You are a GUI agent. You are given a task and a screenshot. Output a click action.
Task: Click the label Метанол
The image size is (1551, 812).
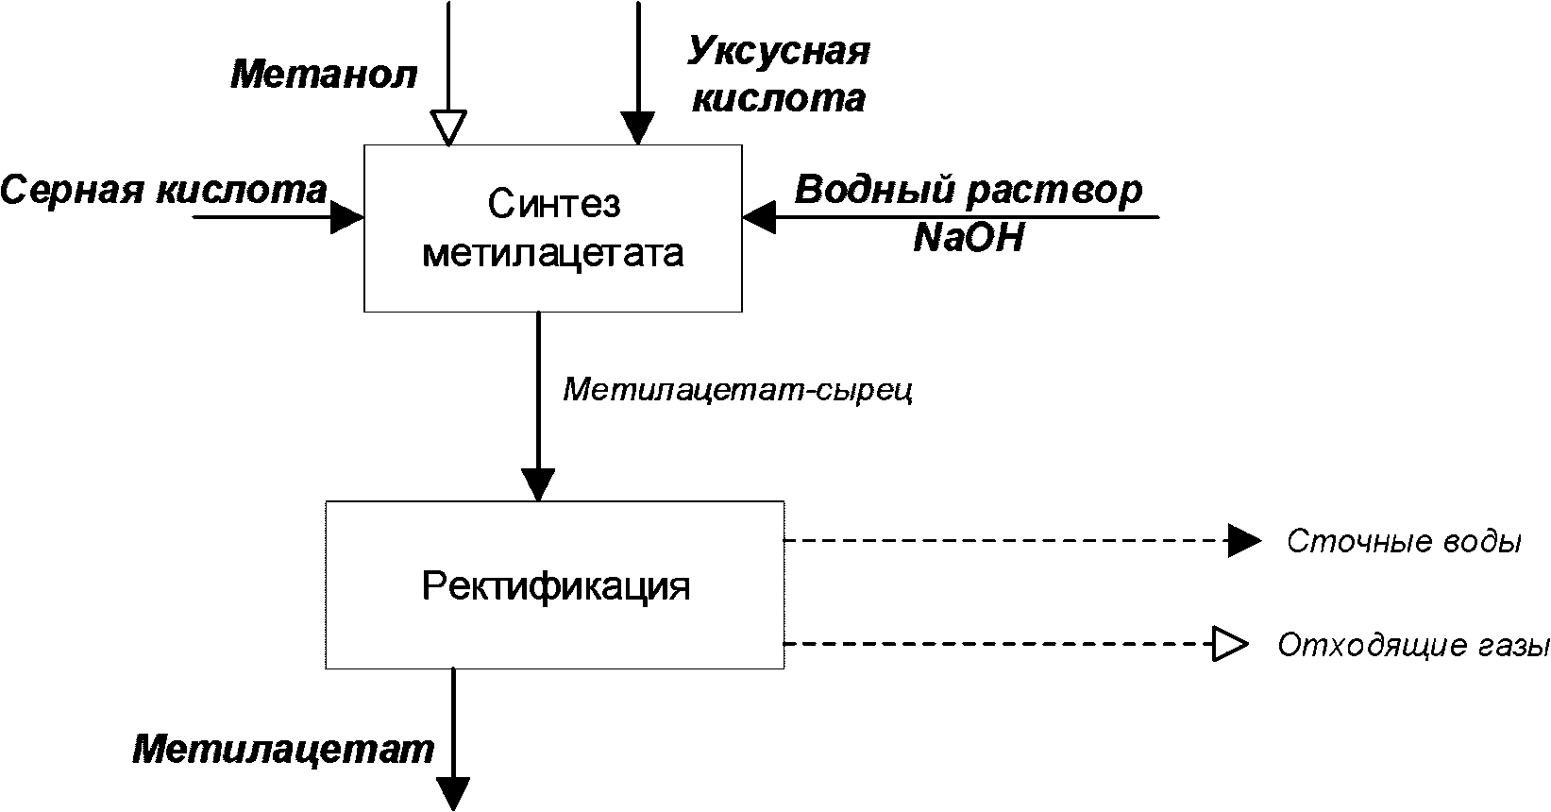pyautogui.click(x=324, y=75)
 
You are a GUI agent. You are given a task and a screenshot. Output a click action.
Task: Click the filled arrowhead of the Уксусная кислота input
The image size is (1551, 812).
pyautogui.click(x=638, y=128)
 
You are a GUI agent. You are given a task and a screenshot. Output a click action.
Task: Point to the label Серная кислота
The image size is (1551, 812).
pyautogui.click(x=163, y=189)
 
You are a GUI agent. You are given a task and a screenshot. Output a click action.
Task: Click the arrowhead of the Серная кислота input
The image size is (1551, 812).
pyautogui.click(x=347, y=217)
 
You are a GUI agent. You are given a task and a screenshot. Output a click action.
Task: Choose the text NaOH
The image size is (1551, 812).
pyautogui.click(x=968, y=238)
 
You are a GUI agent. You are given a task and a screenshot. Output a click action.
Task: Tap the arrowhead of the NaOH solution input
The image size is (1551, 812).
pyautogui.click(x=759, y=217)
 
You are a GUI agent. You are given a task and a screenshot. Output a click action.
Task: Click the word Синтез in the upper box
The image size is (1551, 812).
pyautogui.click(x=554, y=204)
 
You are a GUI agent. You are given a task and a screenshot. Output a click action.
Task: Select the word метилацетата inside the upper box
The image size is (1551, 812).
pyautogui.click(x=553, y=254)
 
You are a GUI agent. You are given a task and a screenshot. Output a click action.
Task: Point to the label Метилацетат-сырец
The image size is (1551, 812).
pyautogui.click(x=738, y=389)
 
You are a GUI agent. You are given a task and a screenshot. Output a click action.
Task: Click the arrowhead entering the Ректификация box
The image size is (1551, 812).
pyautogui.click(x=538, y=485)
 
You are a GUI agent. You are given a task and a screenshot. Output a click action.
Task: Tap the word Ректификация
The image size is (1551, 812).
pyautogui.click(x=556, y=587)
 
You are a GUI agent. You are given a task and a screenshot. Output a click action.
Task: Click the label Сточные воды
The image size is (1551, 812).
pyautogui.click(x=1405, y=541)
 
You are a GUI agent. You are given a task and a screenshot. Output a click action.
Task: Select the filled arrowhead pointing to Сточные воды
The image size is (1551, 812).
pyautogui.click(x=1245, y=540)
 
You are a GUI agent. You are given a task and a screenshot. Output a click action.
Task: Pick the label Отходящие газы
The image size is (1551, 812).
pyautogui.click(x=1413, y=645)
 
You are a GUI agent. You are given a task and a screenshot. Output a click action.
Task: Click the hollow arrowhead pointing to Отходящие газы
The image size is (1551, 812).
pyautogui.click(x=1230, y=644)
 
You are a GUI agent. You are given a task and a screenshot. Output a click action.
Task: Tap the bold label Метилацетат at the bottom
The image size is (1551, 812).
pyautogui.click(x=283, y=749)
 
